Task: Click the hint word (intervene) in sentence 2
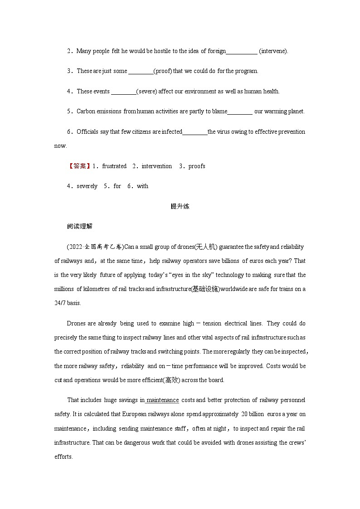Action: pyautogui.click(x=273, y=51)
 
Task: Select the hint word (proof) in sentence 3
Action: pyautogui.click(x=163, y=71)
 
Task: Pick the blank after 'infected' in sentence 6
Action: pyautogui.click(x=195, y=132)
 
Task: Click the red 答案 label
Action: pyautogui.click(x=80, y=166)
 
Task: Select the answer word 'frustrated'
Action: pyautogui.click(x=114, y=166)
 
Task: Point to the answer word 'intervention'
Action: pyautogui.click(x=157, y=166)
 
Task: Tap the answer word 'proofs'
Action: pyautogui.click(x=197, y=166)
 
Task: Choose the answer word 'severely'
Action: pyautogui.click(x=87, y=186)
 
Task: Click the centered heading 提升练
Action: pyautogui.click(x=180, y=207)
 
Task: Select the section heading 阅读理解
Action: pyautogui.click(x=79, y=227)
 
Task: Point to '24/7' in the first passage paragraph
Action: pyautogui.click(x=60, y=303)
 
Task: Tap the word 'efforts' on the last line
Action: pyautogui.click(x=63, y=457)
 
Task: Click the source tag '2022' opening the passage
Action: pyautogui.click(x=74, y=247)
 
